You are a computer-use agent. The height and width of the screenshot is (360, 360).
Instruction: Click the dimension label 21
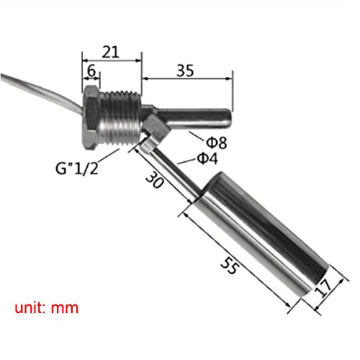[x=111, y=52]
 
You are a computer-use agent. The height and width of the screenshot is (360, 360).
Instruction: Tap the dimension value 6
[x=91, y=71]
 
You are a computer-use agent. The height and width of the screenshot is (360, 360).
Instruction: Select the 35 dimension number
[x=185, y=71]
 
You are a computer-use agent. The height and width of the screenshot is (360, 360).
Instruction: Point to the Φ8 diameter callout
[x=217, y=142]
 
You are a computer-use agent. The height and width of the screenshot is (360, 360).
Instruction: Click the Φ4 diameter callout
[x=207, y=158]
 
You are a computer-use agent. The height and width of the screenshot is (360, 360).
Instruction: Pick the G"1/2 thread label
[x=77, y=168]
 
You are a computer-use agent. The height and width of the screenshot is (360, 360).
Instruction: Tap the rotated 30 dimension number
[x=155, y=180]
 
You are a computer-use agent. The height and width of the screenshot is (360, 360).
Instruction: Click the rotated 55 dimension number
[x=230, y=265]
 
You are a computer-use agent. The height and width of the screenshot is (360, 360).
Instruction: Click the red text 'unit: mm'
[x=47, y=307]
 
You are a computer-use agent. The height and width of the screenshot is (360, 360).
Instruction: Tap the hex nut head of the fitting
[x=91, y=117]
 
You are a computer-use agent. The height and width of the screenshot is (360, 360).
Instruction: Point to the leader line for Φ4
[x=186, y=161]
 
